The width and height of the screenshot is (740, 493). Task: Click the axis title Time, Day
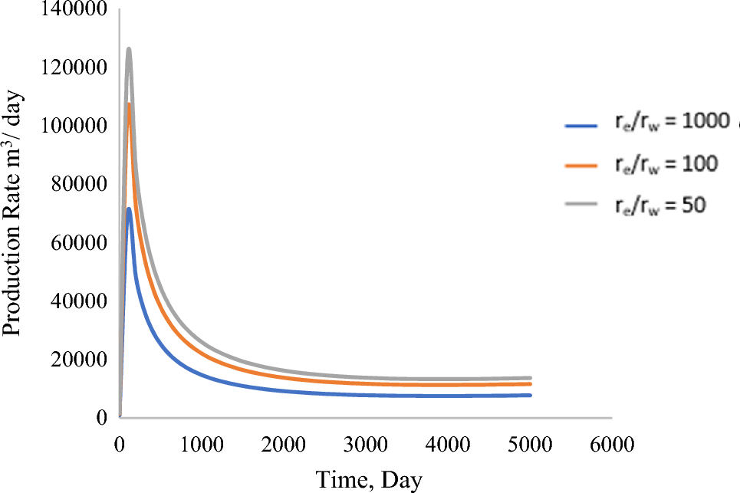[x=369, y=478]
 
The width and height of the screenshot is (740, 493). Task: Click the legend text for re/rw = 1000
[x=669, y=125]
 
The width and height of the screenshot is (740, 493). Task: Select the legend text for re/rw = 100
[x=665, y=163]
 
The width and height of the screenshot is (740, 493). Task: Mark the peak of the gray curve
[x=129, y=49]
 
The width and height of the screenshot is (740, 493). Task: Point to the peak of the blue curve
[x=129, y=209]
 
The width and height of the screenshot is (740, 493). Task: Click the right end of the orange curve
[x=531, y=384]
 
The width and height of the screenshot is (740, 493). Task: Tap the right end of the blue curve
[x=531, y=395]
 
